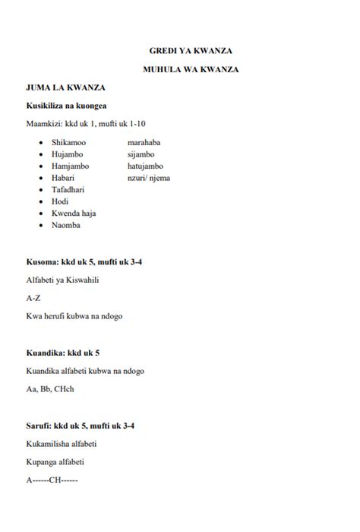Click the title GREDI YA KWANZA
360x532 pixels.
pos(191,51)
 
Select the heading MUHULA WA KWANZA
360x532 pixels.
pos(191,70)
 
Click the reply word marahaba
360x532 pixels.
pos(144,142)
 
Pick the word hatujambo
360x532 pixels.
pos(146,166)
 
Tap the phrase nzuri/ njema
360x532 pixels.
pos(149,178)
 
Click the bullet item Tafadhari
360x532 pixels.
pos(69,189)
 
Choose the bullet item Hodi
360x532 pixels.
pos(60,201)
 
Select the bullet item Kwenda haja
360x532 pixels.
pos(74,214)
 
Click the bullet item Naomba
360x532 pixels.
pos(66,225)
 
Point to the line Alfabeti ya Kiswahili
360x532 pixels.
pos(62,280)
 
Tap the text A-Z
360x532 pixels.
pos(33,298)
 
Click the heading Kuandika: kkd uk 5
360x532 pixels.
pos(63,353)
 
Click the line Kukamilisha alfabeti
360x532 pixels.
pos(62,444)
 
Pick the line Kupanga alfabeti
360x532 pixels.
pos(55,462)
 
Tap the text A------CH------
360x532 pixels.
pos(52,480)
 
